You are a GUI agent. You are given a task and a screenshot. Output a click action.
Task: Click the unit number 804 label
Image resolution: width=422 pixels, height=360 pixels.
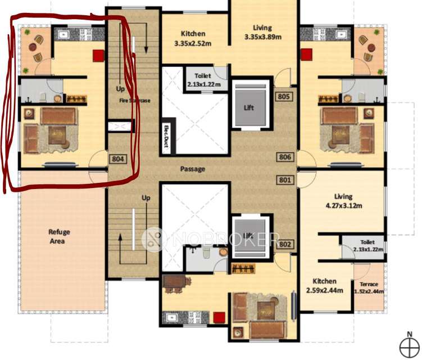[117, 159]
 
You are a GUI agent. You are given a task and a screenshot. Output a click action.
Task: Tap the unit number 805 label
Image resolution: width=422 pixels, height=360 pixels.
[284, 97]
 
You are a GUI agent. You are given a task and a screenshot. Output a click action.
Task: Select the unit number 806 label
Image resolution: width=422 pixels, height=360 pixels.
[284, 157]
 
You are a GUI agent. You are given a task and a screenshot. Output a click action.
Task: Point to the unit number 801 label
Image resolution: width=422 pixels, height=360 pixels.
[284, 181]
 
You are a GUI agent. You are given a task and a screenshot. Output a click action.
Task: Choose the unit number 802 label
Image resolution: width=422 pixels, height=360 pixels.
[284, 245]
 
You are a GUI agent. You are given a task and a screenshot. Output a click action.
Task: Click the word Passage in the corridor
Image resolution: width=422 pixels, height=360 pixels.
[192, 169]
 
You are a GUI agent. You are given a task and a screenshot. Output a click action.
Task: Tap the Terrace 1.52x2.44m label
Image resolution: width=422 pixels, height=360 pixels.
[369, 287]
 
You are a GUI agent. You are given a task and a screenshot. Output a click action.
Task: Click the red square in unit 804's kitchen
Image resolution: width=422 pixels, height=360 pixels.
[99, 55]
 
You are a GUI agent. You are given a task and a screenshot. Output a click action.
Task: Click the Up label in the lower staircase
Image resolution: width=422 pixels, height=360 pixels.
[146, 198]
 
